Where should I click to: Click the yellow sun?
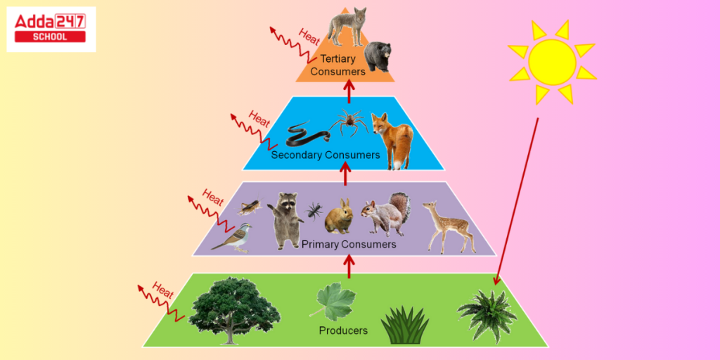point(552,63)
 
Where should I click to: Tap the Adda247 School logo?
point(51,29)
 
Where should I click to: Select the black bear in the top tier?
point(378,56)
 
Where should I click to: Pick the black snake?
point(308,133)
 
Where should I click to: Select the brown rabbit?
point(339,217)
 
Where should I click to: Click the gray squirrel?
point(387,214)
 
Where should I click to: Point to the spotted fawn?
point(447,226)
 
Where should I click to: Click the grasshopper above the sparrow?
point(250,207)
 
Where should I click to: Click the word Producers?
point(343,330)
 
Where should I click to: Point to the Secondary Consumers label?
point(326,155)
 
